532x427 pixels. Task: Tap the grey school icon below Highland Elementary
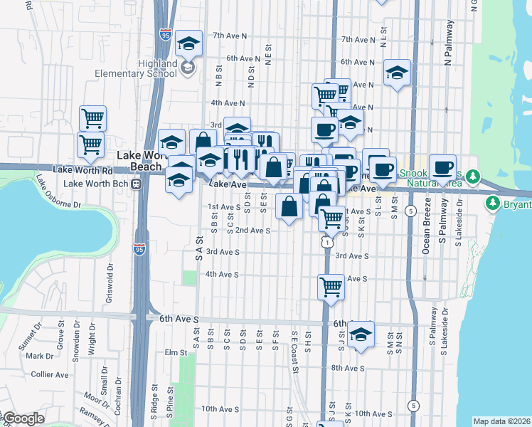[x=188, y=68]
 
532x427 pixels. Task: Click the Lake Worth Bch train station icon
[x=134, y=183]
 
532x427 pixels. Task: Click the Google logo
[x=23, y=418]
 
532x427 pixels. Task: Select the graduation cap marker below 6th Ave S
[x=361, y=335]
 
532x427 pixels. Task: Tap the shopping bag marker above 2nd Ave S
[x=289, y=208]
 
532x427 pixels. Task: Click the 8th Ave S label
[x=347, y=368]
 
